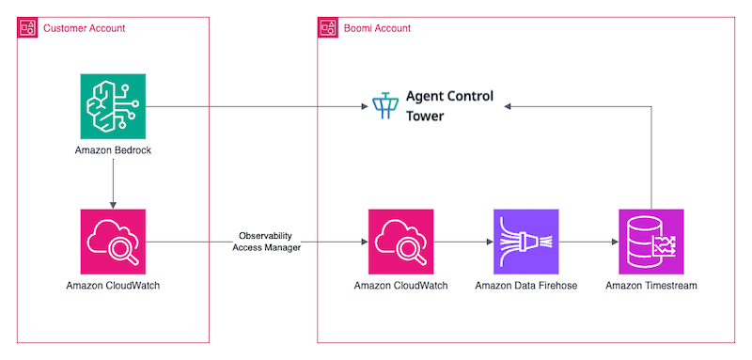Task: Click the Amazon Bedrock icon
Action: (113, 107)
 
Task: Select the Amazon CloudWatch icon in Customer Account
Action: (113, 242)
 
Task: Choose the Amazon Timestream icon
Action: (651, 242)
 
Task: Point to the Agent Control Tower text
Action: (448, 106)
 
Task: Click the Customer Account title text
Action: (84, 28)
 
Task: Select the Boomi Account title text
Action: (376, 28)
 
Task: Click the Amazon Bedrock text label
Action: (113, 150)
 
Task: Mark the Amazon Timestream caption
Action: (651, 285)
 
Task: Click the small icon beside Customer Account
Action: (28, 28)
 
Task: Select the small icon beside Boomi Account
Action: (328, 28)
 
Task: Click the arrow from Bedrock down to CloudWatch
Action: (113, 183)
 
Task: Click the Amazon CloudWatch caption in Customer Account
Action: (113, 285)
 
